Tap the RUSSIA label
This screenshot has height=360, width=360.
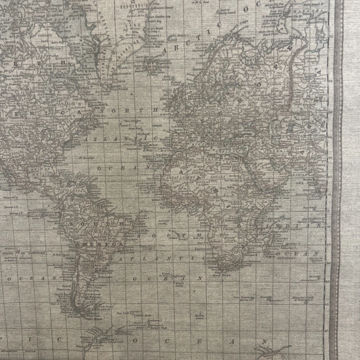point(300,75)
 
